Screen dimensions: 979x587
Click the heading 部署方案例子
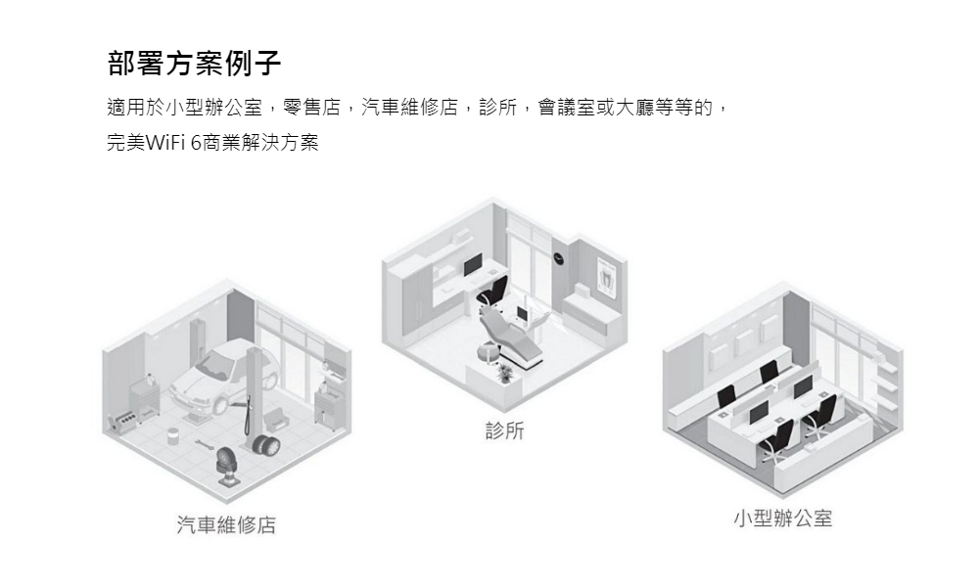click(x=194, y=63)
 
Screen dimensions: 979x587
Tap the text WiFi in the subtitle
click(x=165, y=143)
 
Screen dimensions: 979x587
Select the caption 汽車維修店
click(x=226, y=524)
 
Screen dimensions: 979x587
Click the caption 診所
click(x=504, y=429)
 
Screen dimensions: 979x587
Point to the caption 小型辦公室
click(x=783, y=519)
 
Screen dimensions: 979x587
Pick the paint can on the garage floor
click(x=174, y=434)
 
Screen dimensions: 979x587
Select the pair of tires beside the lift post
click(x=266, y=444)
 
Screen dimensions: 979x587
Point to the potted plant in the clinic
click(x=504, y=374)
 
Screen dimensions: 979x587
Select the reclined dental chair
click(x=511, y=337)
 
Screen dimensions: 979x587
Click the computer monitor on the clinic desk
click(x=473, y=264)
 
